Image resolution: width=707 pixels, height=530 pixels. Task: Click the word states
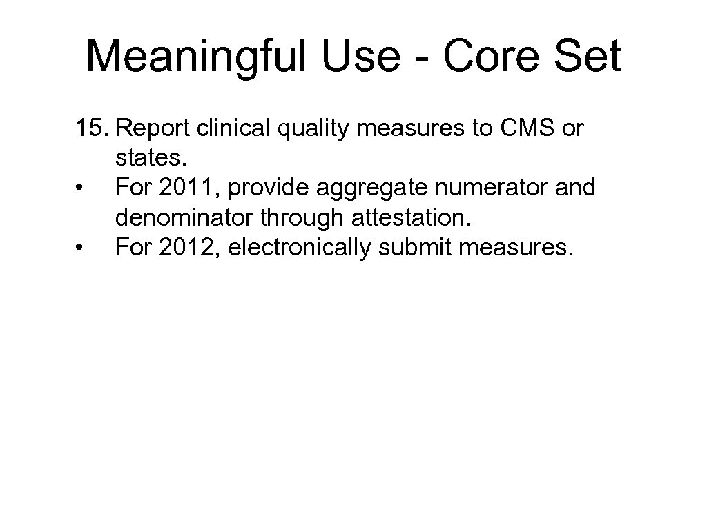[x=151, y=159]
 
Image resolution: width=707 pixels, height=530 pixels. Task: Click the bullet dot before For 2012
[x=82, y=247]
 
